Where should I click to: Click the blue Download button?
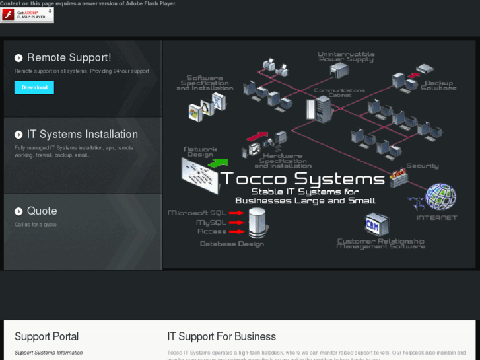pyautogui.click(x=34, y=87)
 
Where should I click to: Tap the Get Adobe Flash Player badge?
pyautogui.click(x=27, y=15)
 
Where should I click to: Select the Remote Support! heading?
pyautogui.click(x=69, y=58)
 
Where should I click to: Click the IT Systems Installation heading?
pyautogui.click(x=82, y=135)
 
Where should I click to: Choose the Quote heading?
pyautogui.click(x=42, y=211)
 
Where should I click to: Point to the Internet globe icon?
pyautogui.click(x=440, y=197)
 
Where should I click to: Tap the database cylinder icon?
pyautogui.click(x=257, y=222)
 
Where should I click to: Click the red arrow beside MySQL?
pyautogui.click(x=237, y=223)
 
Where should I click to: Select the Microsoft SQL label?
pyautogui.click(x=197, y=213)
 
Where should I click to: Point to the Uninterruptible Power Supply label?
pyautogui.click(x=346, y=57)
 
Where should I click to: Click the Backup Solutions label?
pyautogui.click(x=438, y=85)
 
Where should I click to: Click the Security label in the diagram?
pyautogui.click(x=422, y=166)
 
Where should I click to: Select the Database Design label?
pyautogui.click(x=232, y=244)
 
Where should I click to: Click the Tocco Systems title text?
pyautogui.click(x=303, y=179)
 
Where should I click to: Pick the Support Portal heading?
pyautogui.click(x=46, y=337)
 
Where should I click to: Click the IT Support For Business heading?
pyautogui.click(x=221, y=337)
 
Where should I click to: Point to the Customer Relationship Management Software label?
pyautogui.click(x=380, y=244)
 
